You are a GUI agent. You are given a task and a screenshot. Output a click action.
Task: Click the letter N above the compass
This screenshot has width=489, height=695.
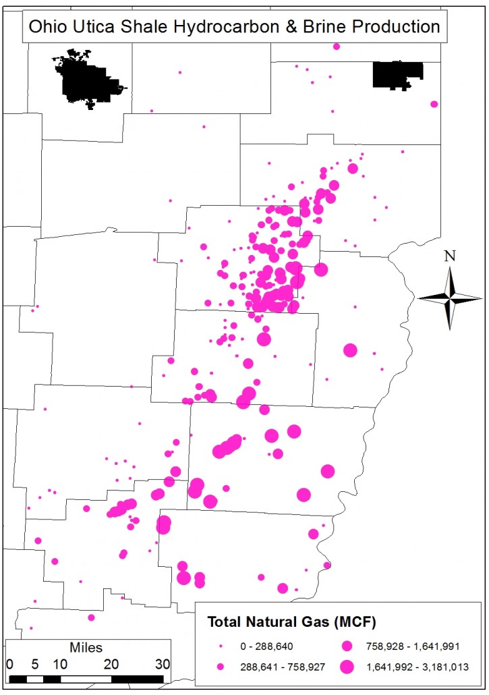coord(450,256)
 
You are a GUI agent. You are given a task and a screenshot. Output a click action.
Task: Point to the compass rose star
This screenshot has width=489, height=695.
coord(450,297)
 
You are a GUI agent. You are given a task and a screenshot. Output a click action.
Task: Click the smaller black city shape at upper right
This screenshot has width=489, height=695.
coord(398,75)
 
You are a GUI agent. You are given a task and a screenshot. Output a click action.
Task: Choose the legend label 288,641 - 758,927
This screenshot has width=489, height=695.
coord(283,667)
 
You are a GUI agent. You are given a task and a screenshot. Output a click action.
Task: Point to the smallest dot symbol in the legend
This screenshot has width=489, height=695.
coord(221,646)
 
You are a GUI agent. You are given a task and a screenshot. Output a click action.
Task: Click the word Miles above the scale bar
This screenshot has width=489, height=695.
coord(86,648)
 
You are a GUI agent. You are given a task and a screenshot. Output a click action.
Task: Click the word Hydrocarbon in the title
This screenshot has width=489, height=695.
coord(215,27)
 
